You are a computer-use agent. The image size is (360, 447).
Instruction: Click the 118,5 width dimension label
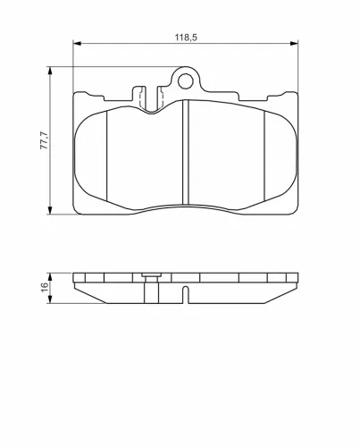tap(186, 38)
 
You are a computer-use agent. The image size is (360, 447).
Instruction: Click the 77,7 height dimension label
tap(44, 140)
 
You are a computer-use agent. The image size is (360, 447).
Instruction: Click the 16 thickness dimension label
tap(45, 287)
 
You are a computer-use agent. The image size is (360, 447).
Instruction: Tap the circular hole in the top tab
tap(186, 81)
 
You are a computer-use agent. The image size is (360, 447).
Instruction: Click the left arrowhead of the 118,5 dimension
tap(77, 44)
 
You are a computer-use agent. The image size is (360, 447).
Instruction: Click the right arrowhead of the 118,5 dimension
tap(294, 44)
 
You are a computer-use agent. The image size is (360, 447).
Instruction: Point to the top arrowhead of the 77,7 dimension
tap(50, 71)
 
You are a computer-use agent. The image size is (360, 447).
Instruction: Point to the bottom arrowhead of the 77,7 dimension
tap(50, 210)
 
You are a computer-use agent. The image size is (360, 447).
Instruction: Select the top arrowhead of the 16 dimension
tap(50, 276)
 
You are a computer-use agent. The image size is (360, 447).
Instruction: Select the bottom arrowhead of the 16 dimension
tap(50, 299)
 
